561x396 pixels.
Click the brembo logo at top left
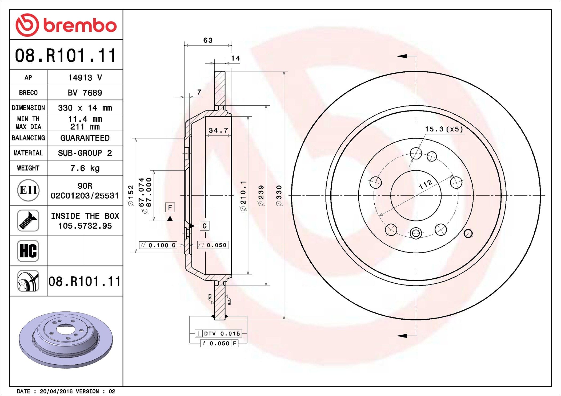[x=66, y=25]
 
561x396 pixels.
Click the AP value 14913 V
[x=85, y=78]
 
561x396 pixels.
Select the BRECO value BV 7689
[x=85, y=93]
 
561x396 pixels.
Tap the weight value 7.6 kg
[x=85, y=168]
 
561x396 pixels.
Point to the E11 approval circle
[x=28, y=190]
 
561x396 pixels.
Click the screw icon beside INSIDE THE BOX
[x=28, y=221]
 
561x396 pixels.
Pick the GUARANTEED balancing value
[x=85, y=138]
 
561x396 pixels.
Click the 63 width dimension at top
[x=208, y=40]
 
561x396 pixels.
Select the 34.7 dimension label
[x=218, y=130]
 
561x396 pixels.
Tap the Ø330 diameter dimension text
[x=279, y=196]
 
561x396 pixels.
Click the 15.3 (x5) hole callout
[x=444, y=129]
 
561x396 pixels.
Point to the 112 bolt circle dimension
[x=425, y=184]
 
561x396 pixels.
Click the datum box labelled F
[x=170, y=207]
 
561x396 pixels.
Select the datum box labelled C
[x=205, y=226]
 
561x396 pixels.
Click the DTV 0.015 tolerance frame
[x=218, y=333]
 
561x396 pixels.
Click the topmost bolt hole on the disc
[x=416, y=153]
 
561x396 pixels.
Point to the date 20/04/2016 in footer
[x=56, y=391]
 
